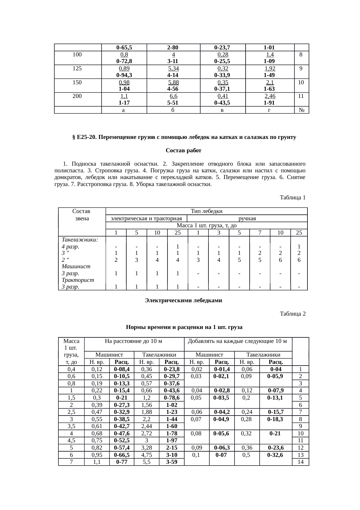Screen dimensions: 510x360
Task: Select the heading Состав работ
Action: pyautogui.click(x=183, y=151)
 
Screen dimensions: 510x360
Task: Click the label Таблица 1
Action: pyautogui.click(x=293, y=198)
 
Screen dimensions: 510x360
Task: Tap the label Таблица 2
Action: pyautogui.click(x=293, y=314)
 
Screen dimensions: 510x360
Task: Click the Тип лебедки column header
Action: pyautogui.click(x=206, y=211)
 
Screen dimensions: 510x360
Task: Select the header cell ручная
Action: pyautogui.click(x=247, y=218)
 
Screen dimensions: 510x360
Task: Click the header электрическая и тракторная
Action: pyautogui.click(x=147, y=218)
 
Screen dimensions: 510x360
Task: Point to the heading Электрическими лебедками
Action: pyautogui.click(x=183, y=300)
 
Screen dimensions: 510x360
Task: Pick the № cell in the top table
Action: pyautogui.click(x=301, y=110)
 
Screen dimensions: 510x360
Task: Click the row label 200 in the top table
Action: pyautogui.click(x=77, y=96)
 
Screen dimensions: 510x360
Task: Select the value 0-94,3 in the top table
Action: pyautogui.click(x=124, y=75)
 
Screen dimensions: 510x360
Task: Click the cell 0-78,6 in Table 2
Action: pyautogui.click(x=172, y=398)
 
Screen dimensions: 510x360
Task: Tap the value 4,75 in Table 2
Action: pyautogui.click(x=147, y=455)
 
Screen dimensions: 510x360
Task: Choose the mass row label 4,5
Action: pyautogui.click(x=71, y=440)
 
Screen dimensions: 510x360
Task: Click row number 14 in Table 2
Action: pyautogui.click(x=301, y=462)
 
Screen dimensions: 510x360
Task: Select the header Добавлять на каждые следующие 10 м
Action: pyautogui.click(x=238, y=341)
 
